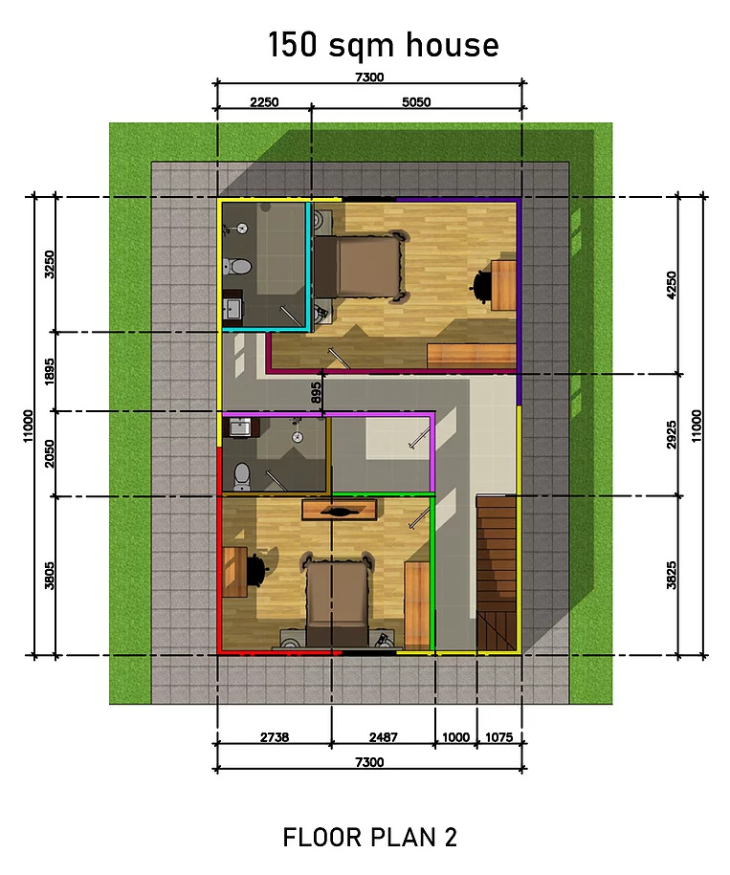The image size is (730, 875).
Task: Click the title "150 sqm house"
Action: pos(384,45)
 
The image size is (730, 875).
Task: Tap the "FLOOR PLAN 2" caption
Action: pos(369,837)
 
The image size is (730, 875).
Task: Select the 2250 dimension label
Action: pos(264,102)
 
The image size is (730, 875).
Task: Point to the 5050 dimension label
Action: pos(416,102)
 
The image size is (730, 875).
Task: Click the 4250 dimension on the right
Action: pos(672,285)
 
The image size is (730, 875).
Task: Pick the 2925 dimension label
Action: pos(672,435)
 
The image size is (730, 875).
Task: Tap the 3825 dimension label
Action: pos(672,576)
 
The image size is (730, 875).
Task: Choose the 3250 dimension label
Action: pos(50,265)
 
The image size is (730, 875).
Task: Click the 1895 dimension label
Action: pos(50,372)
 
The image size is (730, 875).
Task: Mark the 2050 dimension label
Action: pos(50,454)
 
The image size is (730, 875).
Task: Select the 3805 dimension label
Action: pos(50,576)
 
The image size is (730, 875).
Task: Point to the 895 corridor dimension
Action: pos(316,393)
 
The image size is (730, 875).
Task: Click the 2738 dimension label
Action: pos(275,737)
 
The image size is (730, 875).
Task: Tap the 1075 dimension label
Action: pos(498,737)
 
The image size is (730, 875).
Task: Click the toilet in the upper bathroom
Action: pos(237,267)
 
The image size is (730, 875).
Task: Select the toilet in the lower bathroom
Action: pos(242,477)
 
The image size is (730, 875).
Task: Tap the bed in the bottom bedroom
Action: pos(337,599)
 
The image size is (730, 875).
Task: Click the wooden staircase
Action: pos(496,573)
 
